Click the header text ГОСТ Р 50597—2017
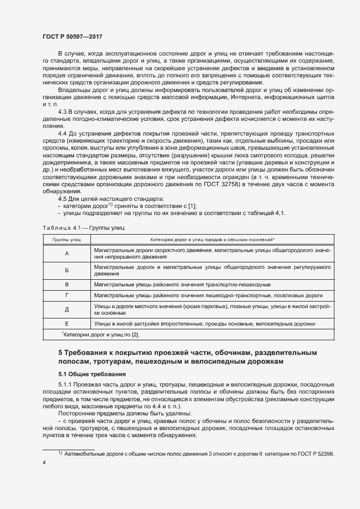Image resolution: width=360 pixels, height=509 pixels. point(72,36)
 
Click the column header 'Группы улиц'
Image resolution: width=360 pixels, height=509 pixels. point(66,240)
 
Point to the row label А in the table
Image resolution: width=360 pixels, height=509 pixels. point(66,253)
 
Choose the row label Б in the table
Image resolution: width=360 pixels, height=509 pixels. point(66,271)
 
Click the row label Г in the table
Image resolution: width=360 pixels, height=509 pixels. point(66,296)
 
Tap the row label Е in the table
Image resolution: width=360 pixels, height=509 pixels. point(66,323)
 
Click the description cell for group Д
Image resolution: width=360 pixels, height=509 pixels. point(212,310)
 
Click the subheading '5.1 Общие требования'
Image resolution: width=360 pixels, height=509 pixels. point(92,375)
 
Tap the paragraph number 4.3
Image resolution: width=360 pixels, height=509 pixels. point(62,111)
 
